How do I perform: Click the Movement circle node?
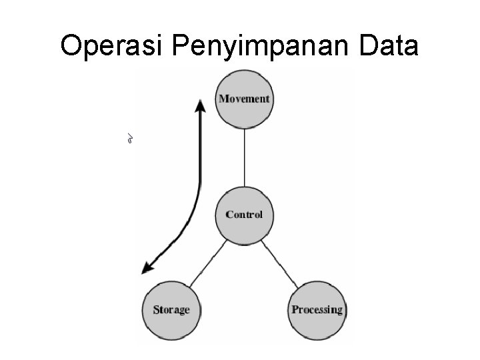(x=245, y=99)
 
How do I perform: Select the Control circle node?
(x=244, y=215)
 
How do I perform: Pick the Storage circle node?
(x=171, y=309)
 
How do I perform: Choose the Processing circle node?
(x=317, y=309)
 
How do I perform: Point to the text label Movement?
(x=245, y=99)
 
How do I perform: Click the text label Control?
(x=244, y=215)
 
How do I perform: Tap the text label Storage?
(x=171, y=310)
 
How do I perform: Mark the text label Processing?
(x=317, y=310)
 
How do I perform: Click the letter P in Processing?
(x=295, y=310)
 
